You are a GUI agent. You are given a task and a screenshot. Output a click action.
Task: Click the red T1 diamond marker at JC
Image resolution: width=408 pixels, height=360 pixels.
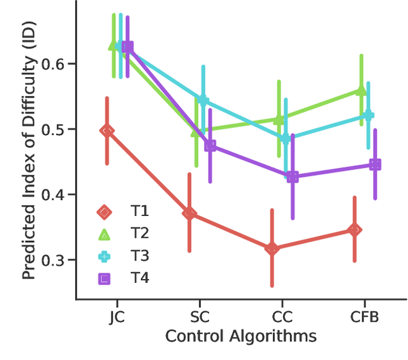tap(107, 131)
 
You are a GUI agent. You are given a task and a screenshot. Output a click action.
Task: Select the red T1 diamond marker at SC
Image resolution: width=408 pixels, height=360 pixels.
tap(189, 213)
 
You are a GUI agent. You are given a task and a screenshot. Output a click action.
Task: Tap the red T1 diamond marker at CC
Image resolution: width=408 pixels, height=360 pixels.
tap(272, 248)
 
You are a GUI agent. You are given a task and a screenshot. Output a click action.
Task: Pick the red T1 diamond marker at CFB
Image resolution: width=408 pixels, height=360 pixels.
tap(355, 229)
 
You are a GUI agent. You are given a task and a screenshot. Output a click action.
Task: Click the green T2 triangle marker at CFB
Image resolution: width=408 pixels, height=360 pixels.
tap(361, 90)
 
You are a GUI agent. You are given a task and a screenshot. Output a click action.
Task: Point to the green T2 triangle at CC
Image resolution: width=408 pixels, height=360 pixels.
tap(279, 119)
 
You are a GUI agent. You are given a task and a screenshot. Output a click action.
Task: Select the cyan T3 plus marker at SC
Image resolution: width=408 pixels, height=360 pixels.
tap(203, 99)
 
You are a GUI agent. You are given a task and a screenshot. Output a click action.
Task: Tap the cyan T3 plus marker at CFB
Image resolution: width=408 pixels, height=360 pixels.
tap(368, 115)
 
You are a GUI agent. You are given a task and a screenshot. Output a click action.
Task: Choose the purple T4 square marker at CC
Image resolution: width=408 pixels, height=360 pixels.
tap(293, 176)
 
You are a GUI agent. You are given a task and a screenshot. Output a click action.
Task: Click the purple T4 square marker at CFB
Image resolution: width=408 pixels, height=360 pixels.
tap(375, 165)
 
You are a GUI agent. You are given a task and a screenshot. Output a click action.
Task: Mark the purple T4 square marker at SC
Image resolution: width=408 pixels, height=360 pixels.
tap(210, 146)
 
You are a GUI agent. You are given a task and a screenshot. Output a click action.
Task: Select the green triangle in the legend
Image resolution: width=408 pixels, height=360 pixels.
tap(104, 234)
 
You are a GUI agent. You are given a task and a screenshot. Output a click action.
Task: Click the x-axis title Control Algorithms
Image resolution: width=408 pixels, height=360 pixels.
tap(241, 336)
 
